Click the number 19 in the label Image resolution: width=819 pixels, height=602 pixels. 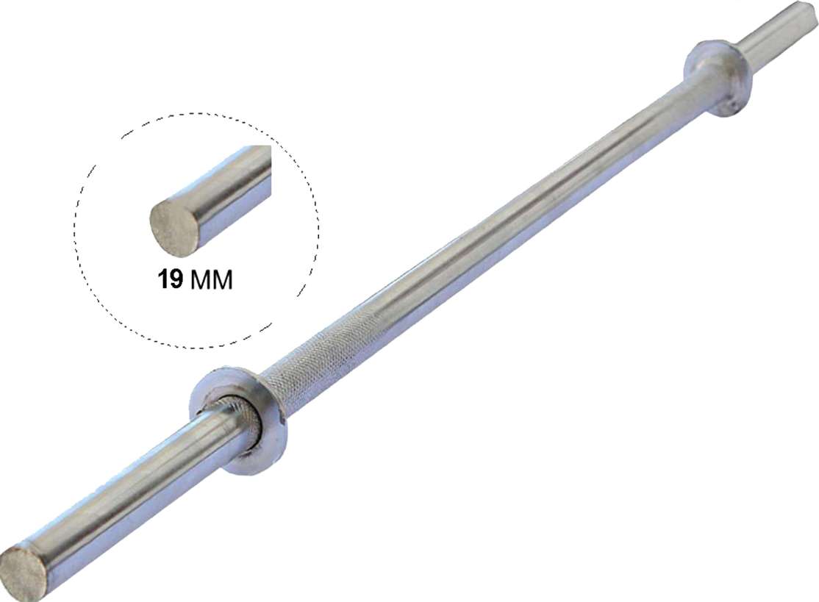(x=171, y=280)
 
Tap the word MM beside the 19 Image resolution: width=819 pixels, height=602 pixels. (x=211, y=280)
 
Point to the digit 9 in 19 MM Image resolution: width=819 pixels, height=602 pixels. (x=176, y=280)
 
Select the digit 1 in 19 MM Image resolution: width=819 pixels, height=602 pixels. (x=162, y=280)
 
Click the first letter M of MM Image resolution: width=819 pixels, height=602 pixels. (x=201, y=280)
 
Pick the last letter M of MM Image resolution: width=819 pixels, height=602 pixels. (x=222, y=280)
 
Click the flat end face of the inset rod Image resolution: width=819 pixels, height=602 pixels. (x=173, y=225)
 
